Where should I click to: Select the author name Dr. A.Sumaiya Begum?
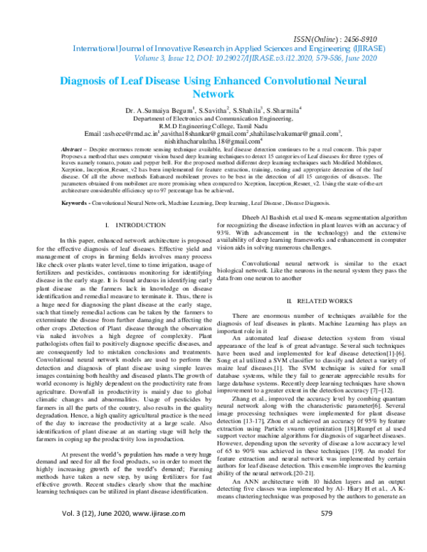point(159,112)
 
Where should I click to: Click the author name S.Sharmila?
point(283,112)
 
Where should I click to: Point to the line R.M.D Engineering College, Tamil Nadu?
point(213,126)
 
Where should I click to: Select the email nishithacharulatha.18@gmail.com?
point(213,142)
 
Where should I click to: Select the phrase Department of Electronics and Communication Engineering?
point(213,119)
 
